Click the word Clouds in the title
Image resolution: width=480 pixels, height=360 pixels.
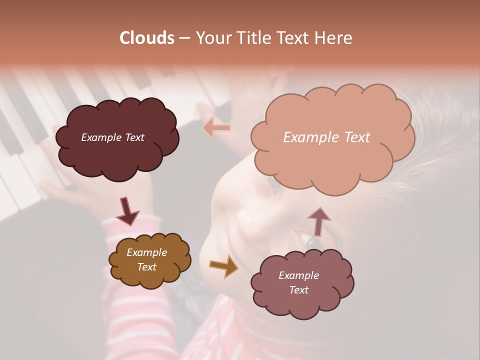point(146,38)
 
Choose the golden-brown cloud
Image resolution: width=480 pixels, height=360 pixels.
point(150,277)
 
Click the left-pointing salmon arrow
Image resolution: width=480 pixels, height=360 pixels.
point(217,128)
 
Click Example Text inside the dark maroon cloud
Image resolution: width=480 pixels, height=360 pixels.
point(112,137)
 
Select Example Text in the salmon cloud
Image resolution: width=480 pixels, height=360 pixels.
point(326,137)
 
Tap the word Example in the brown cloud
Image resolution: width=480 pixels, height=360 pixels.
point(146,252)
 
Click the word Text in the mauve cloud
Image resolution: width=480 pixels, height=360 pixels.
point(298,290)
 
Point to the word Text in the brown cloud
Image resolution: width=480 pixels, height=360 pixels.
point(146,267)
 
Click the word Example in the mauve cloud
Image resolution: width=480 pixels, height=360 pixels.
point(298,275)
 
